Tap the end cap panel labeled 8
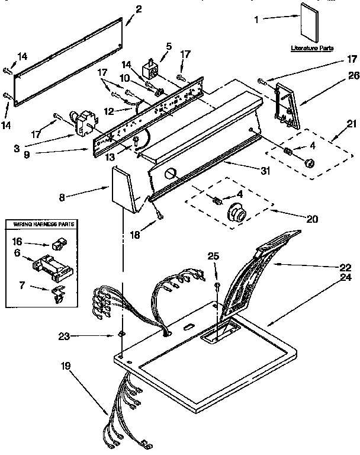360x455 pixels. click(x=125, y=188)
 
